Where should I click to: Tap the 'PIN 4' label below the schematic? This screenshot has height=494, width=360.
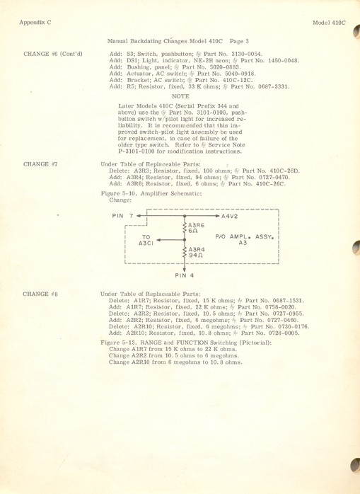coord(185,275)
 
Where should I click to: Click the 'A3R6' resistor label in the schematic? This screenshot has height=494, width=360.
coord(196,224)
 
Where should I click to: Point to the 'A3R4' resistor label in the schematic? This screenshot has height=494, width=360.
coord(196,249)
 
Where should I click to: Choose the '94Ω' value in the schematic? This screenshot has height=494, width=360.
coord(195,255)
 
